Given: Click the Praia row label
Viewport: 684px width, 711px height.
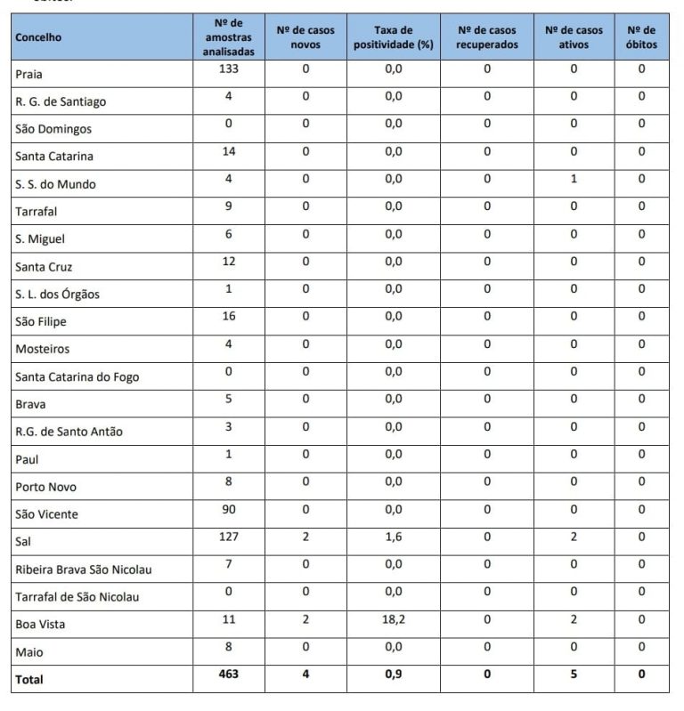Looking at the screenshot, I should click(x=29, y=75).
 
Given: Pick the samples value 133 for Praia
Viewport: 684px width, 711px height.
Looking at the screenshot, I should click(x=228, y=69).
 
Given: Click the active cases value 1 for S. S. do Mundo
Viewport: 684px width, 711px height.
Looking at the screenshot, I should click(x=574, y=179).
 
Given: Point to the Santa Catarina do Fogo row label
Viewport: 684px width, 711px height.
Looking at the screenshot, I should click(x=77, y=376).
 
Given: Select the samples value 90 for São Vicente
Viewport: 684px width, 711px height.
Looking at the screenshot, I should click(x=228, y=509).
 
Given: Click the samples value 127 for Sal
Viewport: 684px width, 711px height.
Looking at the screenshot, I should click(x=228, y=537).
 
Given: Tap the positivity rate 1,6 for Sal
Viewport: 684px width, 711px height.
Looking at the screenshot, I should click(x=393, y=537).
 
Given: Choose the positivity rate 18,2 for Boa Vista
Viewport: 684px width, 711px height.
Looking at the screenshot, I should click(x=393, y=619).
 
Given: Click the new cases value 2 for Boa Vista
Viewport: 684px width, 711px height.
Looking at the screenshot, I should click(x=305, y=619).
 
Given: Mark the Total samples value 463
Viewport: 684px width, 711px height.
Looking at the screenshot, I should click(x=228, y=675).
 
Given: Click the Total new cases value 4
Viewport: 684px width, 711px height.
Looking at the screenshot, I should click(x=305, y=675).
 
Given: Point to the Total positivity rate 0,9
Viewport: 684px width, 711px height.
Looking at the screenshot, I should click(x=393, y=675).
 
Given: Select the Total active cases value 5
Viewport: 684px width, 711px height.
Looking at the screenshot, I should click(x=574, y=675).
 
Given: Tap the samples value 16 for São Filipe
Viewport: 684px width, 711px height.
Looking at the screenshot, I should click(x=228, y=316).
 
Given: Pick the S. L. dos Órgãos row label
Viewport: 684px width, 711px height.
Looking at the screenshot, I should click(x=58, y=295).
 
